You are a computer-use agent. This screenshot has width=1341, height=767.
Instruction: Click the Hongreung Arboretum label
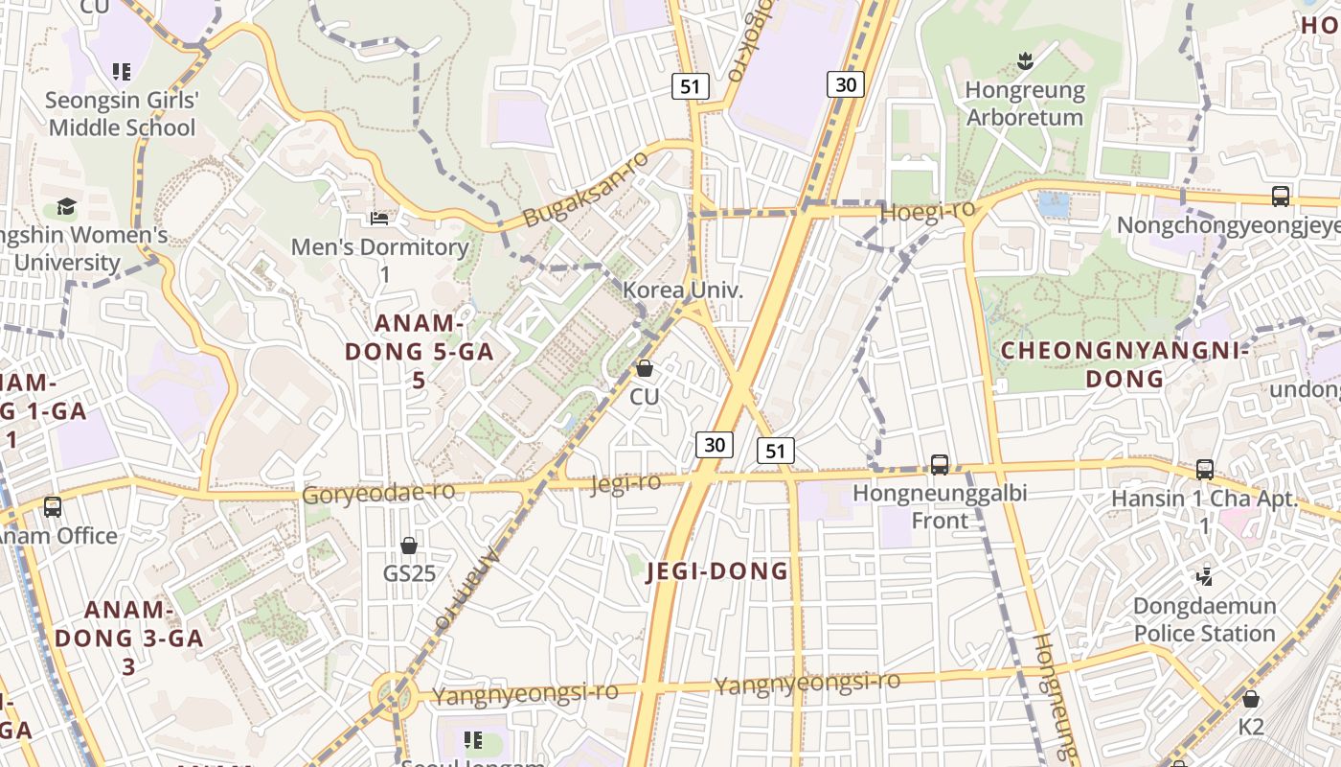tap(1024, 104)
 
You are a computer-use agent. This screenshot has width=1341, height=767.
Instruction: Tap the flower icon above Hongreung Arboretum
tap(1025, 63)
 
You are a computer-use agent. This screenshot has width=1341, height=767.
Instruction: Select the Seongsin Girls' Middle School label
tap(122, 113)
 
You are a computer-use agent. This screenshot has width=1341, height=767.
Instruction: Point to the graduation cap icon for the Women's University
tap(66, 206)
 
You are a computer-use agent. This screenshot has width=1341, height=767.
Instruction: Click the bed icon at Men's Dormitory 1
tap(379, 219)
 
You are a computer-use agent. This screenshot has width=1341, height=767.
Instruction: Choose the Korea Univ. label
tap(683, 290)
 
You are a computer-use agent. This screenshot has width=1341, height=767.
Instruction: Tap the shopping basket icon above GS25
tap(409, 546)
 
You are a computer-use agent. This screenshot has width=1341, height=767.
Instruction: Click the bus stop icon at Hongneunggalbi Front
tap(939, 465)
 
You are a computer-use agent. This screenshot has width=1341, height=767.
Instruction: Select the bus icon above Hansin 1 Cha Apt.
tap(1204, 470)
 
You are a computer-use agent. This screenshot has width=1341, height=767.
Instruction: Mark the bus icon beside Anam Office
tap(53, 506)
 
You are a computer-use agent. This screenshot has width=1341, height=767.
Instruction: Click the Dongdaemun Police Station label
tap(1204, 619)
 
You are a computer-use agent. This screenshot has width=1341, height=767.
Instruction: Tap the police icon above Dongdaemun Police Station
tap(1204, 576)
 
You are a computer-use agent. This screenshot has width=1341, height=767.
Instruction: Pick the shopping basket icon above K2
tap(1251, 699)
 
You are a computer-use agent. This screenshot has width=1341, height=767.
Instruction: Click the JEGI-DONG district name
tap(717, 571)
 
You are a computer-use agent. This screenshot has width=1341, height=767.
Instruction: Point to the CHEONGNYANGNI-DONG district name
tap(1125, 364)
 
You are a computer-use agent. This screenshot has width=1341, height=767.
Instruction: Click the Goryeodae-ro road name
tap(378, 494)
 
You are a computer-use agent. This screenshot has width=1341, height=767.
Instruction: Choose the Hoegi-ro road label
tap(926, 211)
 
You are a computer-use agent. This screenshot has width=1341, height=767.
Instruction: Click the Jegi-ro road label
tap(625, 483)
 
